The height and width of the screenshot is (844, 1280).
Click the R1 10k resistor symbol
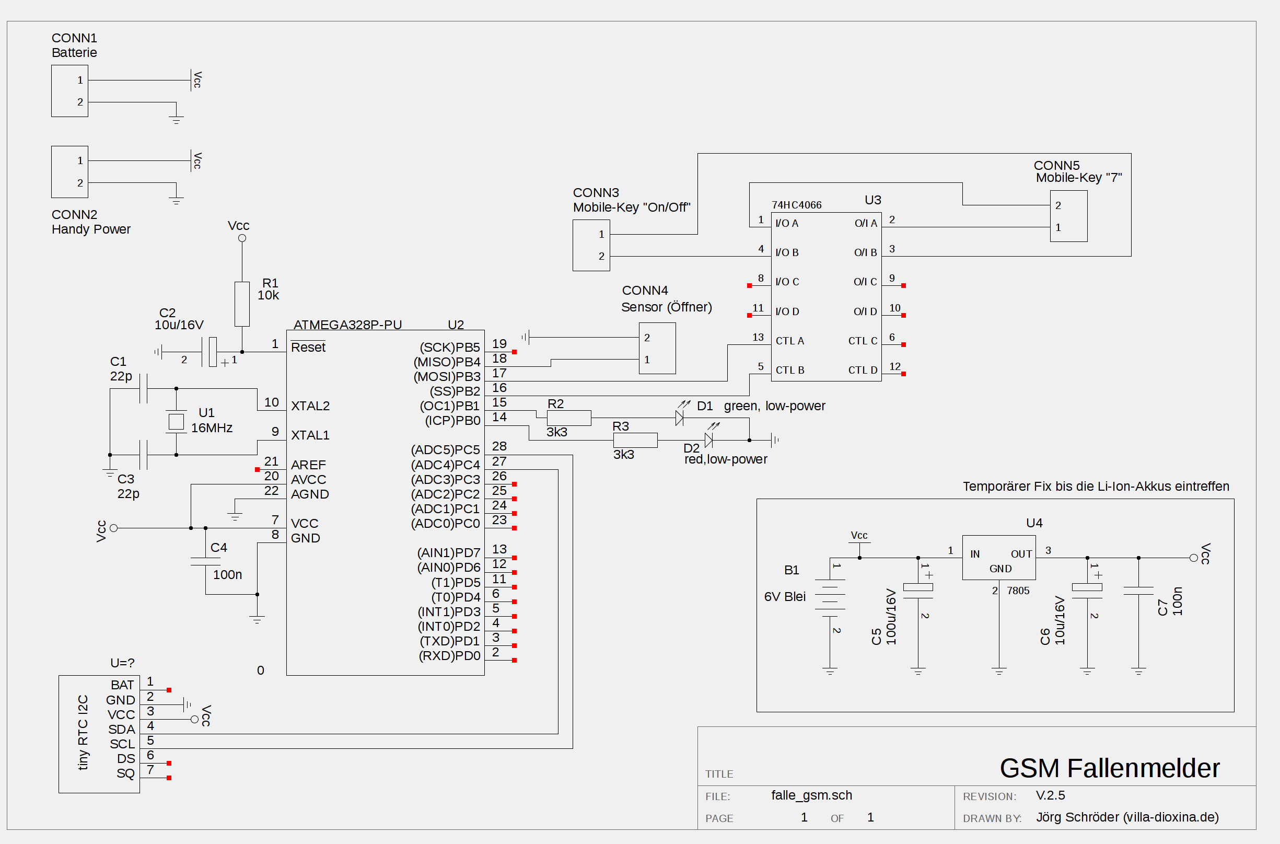click(242, 304)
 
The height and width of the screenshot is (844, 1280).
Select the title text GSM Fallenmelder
click(1109, 768)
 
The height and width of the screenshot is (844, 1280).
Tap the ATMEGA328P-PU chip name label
click(347, 325)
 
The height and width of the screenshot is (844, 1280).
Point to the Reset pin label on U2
click(308, 347)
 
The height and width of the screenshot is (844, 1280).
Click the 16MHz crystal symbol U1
click(176, 421)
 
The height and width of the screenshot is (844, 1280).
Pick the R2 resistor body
click(569, 418)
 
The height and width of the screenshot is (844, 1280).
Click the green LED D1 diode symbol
click(680, 418)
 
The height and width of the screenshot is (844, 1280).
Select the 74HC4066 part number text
click(796, 205)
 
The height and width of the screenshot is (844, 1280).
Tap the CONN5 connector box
click(1068, 216)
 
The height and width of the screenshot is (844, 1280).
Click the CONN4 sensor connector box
click(657, 348)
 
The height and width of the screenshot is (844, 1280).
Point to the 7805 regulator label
click(1018, 591)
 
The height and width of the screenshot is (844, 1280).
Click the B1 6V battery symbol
click(830, 598)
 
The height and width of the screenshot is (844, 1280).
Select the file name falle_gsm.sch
click(811, 795)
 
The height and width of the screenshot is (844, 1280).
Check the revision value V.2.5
click(1050, 795)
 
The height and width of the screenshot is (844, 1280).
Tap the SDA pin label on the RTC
click(122, 730)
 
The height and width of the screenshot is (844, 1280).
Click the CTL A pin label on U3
click(789, 341)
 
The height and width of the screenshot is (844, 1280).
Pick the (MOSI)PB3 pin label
click(447, 376)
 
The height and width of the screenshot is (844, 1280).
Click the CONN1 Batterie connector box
click(69, 91)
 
